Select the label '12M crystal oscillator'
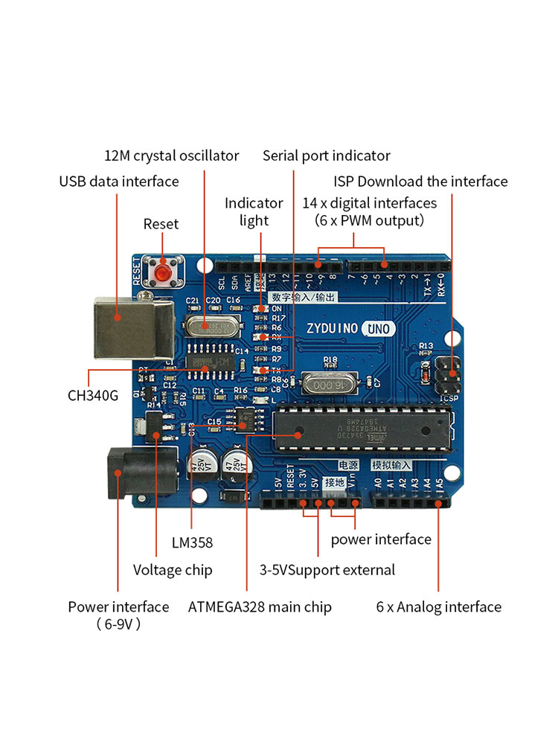click(x=171, y=155)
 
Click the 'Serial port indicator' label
click(x=326, y=155)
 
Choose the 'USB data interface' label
click(x=119, y=182)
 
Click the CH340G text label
click(x=93, y=395)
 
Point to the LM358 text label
click(x=192, y=542)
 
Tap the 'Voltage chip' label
click(x=173, y=570)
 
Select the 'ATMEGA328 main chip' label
click(x=260, y=607)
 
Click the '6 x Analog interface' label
click(x=438, y=607)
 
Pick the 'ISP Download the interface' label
click(x=420, y=182)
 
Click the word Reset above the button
click(x=161, y=224)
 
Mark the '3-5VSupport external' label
click(x=327, y=570)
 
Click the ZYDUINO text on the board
click(x=332, y=328)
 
